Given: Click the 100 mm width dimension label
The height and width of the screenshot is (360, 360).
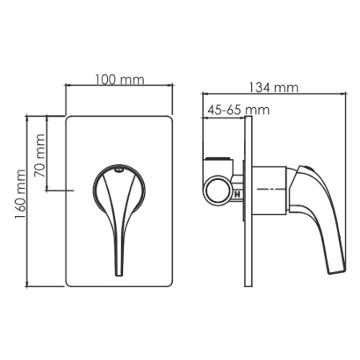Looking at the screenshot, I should [x=118, y=79].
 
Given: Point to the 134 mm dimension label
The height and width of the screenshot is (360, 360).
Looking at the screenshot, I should [x=274, y=86].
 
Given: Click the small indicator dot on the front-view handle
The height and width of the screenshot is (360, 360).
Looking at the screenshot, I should [x=118, y=170].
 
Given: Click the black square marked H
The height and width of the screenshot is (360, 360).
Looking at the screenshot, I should [x=237, y=191].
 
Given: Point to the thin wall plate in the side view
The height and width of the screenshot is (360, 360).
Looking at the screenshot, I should [x=248, y=200].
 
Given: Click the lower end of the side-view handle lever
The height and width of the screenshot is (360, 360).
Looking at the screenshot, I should [x=337, y=270].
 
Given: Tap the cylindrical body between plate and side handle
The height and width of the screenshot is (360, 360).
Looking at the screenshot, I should [x=270, y=190].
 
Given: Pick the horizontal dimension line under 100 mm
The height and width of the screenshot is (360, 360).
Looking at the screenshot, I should [x=118, y=87].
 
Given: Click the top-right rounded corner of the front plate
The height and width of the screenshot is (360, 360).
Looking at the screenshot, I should [x=170, y=120].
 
